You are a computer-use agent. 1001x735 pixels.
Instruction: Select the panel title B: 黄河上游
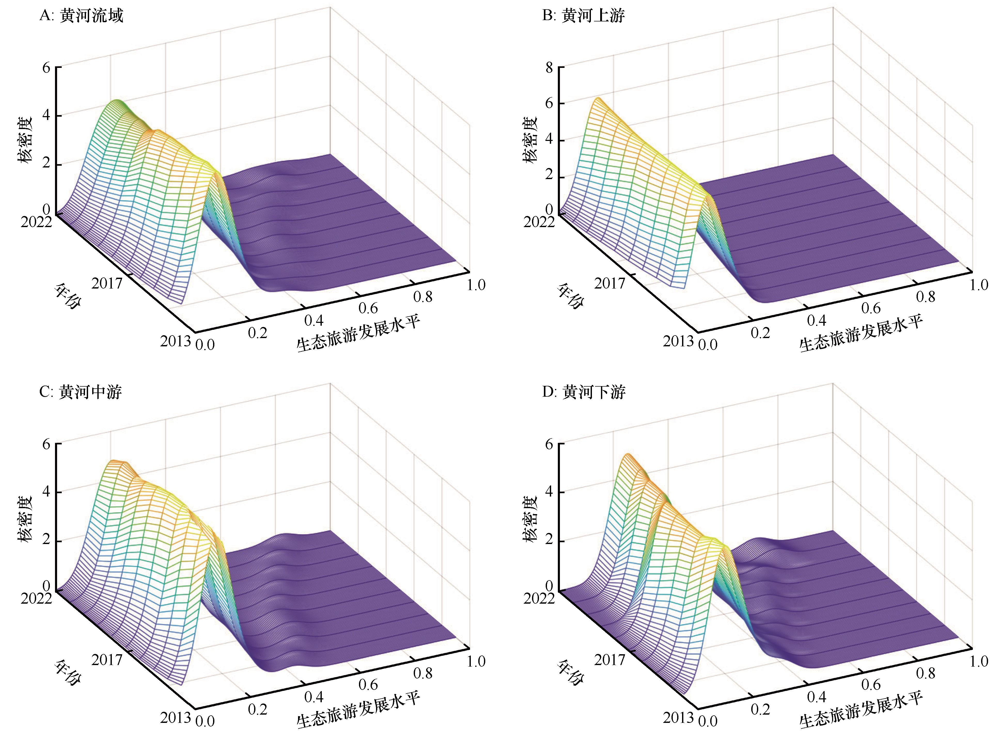point(583,16)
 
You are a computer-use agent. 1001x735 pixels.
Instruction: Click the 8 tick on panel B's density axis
point(549,68)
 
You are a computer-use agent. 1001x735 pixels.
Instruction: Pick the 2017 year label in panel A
point(107,283)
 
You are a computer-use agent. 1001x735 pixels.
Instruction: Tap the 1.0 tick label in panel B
point(979,285)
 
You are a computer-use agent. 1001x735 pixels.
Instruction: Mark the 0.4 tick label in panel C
point(314,697)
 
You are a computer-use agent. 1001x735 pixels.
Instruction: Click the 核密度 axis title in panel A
point(26,140)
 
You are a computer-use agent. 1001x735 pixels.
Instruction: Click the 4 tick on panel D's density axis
point(549,492)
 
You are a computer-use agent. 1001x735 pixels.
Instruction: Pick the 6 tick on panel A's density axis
point(46,68)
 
